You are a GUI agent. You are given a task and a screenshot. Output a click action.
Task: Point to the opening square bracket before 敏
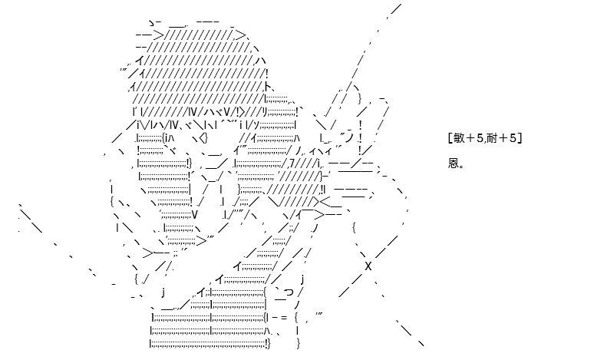tap(449, 138)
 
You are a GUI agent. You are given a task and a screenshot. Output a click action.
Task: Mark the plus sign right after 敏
tap(470, 138)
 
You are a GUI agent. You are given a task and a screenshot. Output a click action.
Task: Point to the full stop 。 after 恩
tap(461, 167)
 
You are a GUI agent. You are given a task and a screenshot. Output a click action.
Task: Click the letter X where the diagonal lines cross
tap(368, 266)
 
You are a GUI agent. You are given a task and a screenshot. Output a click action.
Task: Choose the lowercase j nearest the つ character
tap(302, 280)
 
